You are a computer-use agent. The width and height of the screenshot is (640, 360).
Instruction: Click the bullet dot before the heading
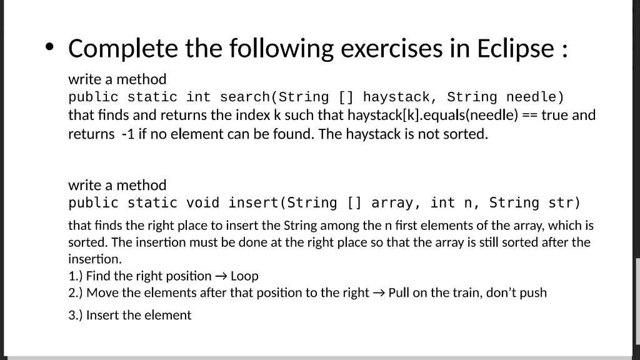50,47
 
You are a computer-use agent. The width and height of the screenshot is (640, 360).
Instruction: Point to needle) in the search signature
535,97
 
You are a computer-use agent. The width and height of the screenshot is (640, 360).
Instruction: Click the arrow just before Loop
221,276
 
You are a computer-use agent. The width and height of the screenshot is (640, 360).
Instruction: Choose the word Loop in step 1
244,276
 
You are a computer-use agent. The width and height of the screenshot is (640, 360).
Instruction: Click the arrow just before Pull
379,293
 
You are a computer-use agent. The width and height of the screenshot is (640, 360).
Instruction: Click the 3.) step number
76,315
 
